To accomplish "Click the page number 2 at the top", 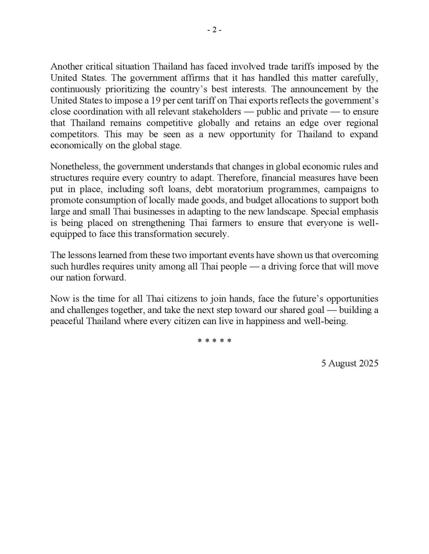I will point(214,30).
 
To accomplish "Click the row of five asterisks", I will point(214,341).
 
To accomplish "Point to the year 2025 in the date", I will point(369,363).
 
